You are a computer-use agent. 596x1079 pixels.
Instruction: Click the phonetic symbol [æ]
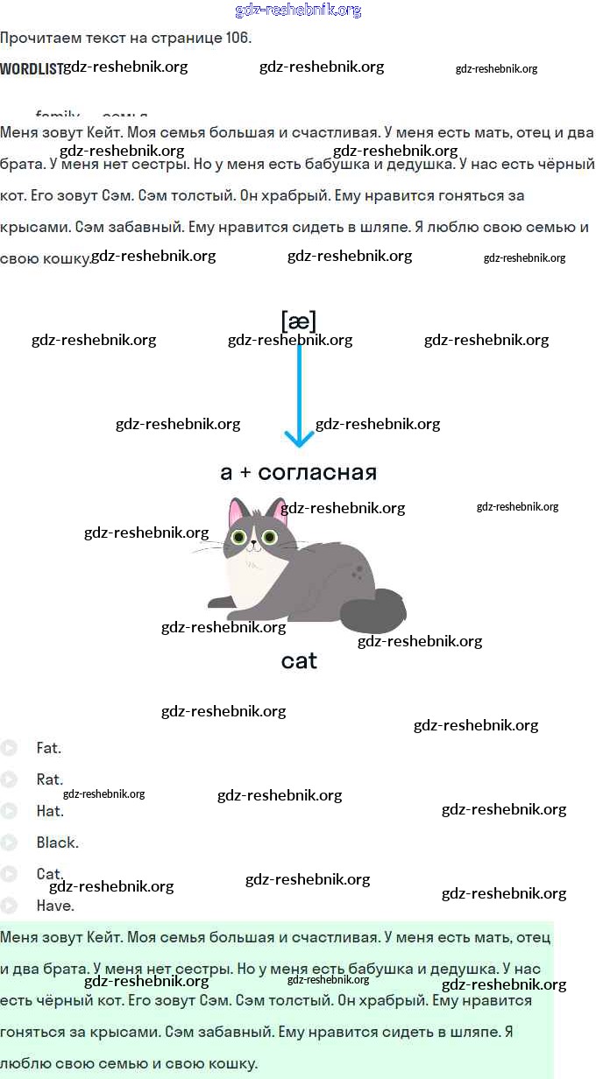pyautogui.click(x=298, y=321)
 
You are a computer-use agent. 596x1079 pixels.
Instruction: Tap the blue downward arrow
pyautogui.click(x=299, y=394)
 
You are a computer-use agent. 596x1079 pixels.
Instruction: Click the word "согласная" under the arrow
pyautogui.click(x=317, y=473)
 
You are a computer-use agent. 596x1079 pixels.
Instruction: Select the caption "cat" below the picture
pyautogui.click(x=299, y=661)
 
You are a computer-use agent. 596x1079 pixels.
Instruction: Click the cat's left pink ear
pyautogui.click(x=237, y=513)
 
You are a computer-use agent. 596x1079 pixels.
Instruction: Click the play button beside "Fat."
pyautogui.click(x=9, y=748)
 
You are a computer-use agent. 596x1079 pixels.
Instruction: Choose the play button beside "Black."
pyautogui.click(x=9, y=843)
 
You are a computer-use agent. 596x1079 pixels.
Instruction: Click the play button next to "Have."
pyautogui.click(x=9, y=906)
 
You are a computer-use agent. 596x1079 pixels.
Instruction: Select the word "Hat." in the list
pyautogui.click(x=50, y=811)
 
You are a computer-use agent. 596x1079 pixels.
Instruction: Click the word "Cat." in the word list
pyautogui.click(x=50, y=874)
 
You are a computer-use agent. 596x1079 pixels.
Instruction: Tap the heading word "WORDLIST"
pyautogui.click(x=31, y=68)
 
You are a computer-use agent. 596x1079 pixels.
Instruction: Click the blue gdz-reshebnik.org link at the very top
pyautogui.click(x=298, y=11)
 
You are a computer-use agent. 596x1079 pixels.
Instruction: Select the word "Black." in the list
pyautogui.click(x=57, y=843)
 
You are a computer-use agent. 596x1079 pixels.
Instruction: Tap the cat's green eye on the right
pyautogui.click(x=269, y=537)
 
